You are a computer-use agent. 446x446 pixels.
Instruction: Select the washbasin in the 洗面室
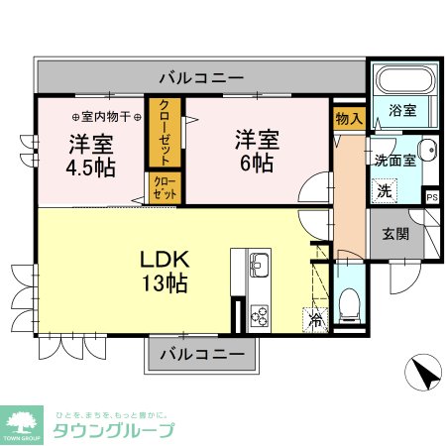pos(426,151)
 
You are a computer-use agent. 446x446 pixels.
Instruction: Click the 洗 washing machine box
pos(383,187)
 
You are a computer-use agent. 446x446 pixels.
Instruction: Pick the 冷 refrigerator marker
pos(315,319)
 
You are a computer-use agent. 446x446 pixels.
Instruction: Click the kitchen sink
pos(259,266)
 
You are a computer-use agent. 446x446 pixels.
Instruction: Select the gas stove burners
pos(259,315)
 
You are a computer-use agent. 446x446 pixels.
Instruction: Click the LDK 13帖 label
pos(166,270)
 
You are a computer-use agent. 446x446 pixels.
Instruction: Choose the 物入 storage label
pos(349,119)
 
